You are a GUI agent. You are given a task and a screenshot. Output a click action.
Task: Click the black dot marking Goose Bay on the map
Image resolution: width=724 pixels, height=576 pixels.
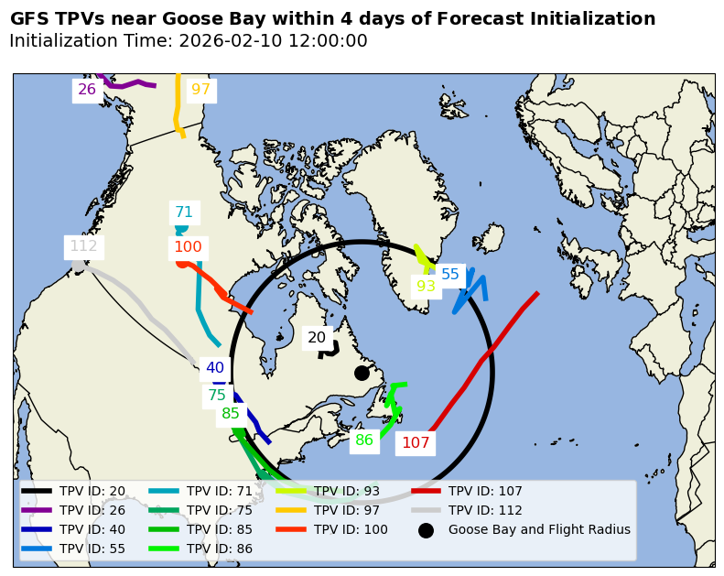362,373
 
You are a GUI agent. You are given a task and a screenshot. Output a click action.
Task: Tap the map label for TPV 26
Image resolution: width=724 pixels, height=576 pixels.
87,90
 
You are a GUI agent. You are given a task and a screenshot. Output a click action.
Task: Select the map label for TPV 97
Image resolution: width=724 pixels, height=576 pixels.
200,90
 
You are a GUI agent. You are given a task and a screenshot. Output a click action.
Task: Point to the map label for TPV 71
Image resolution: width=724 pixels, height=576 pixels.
184,212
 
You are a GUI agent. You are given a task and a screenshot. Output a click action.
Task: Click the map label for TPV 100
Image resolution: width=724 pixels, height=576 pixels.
188,247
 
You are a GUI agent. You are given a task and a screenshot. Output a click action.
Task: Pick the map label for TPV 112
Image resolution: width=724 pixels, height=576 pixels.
83,246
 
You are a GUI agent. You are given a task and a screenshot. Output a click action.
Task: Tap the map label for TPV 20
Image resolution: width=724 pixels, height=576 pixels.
317,338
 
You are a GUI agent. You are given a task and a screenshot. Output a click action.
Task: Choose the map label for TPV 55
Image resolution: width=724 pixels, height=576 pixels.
450,275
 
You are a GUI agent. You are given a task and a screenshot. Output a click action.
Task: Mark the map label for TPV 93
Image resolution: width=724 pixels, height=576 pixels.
427,287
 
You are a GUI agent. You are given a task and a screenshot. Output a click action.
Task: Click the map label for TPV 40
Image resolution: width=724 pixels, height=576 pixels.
215,368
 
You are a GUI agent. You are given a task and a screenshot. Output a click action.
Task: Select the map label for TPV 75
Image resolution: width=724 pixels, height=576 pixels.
217,396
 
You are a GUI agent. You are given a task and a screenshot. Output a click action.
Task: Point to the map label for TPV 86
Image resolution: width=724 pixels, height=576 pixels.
364,440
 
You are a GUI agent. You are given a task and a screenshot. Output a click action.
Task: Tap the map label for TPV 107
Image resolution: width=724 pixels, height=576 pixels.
416,443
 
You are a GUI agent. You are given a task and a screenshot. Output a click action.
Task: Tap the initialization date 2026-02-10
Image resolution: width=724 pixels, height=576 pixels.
226,41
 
